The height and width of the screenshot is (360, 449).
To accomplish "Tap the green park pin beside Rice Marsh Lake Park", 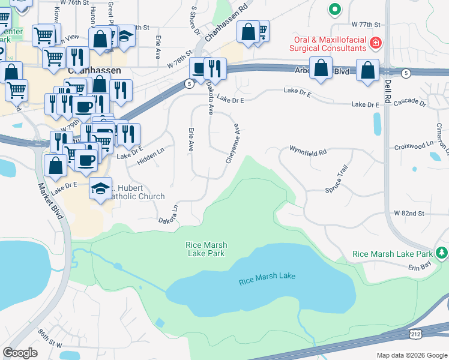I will pyautogui.click(x=442, y=253).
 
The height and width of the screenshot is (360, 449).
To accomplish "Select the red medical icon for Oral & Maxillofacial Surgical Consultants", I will pyautogui.click(x=376, y=43).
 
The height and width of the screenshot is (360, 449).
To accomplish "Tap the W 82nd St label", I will pyautogui.click(x=409, y=213).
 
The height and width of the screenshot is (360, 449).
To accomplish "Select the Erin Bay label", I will pyautogui.click(x=421, y=266).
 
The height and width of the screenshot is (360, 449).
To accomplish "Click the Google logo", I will pyautogui.click(x=20, y=353).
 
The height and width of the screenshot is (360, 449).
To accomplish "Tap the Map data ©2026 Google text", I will pyautogui.click(x=411, y=355).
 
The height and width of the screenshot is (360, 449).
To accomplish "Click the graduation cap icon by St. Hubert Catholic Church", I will pyautogui.click(x=100, y=188).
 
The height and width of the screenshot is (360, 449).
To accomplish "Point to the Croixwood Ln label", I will pyautogui.click(x=414, y=145).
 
